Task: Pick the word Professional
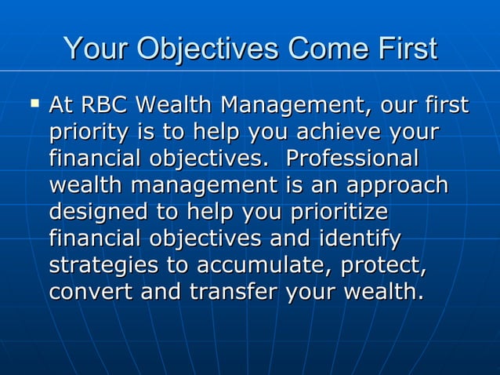pos(353,158)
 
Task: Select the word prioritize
pos(339,212)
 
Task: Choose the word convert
pos(84,292)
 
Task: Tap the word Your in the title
pos(96,49)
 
